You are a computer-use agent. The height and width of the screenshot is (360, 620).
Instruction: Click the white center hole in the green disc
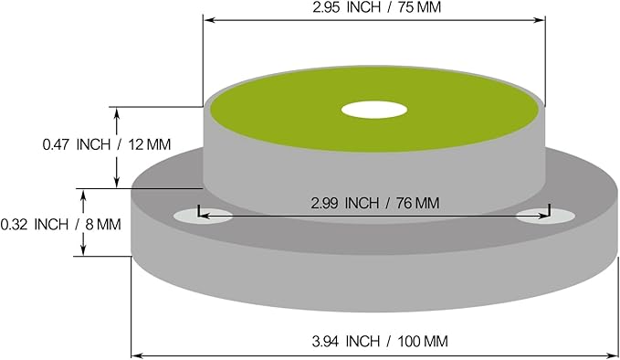(x=374, y=110)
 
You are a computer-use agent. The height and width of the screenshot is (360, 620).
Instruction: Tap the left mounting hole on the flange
(x=204, y=216)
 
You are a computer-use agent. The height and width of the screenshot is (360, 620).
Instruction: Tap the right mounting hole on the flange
(x=546, y=217)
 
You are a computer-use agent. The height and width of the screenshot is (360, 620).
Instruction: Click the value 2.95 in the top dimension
(x=326, y=7)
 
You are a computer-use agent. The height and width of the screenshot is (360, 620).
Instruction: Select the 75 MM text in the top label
(x=419, y=7)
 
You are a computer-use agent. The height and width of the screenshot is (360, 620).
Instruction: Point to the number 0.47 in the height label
(x=57, y=144)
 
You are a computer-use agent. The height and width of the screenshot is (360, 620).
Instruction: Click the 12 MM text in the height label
(x=149, y=144)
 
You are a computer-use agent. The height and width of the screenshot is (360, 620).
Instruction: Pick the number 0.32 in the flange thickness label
(x=15, y=225)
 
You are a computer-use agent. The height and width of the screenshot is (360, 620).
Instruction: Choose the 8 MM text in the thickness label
(x=103, y=225)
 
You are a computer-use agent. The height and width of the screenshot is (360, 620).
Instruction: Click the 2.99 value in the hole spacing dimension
(x=325, y=204)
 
